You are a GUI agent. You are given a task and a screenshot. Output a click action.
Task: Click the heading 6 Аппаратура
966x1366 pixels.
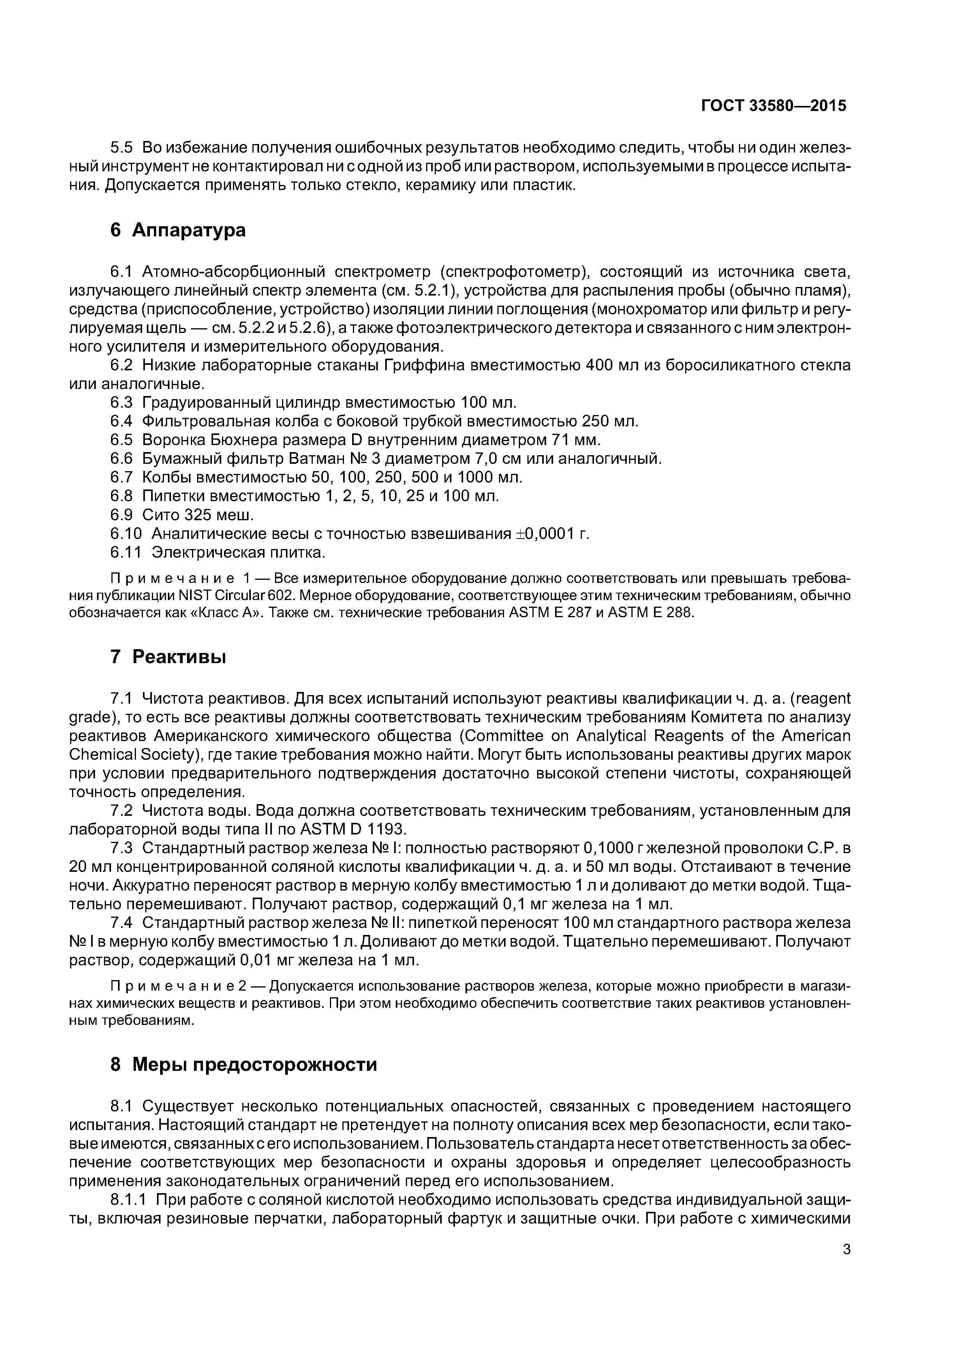click(178, 230)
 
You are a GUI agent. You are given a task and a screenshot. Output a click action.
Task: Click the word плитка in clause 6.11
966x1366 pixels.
click(294, 553)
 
